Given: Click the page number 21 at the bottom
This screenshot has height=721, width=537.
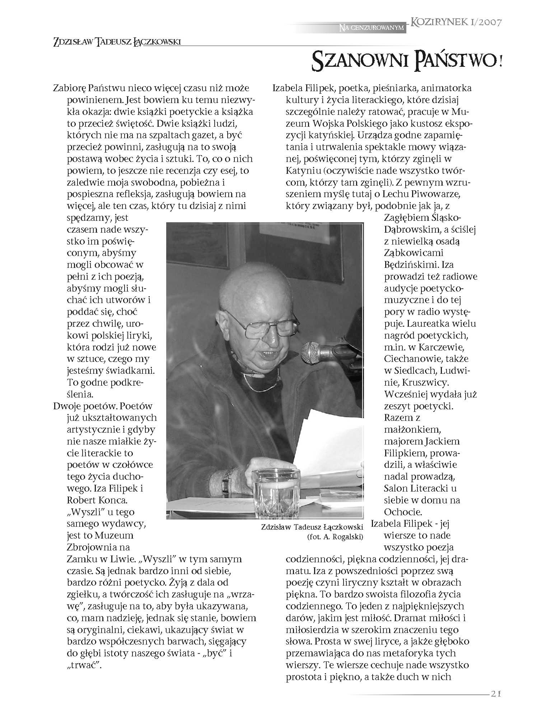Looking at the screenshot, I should [495, 694].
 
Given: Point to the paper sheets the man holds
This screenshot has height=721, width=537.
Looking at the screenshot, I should [328, 445].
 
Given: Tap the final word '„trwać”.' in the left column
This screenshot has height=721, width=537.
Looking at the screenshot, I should [85, 665].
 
